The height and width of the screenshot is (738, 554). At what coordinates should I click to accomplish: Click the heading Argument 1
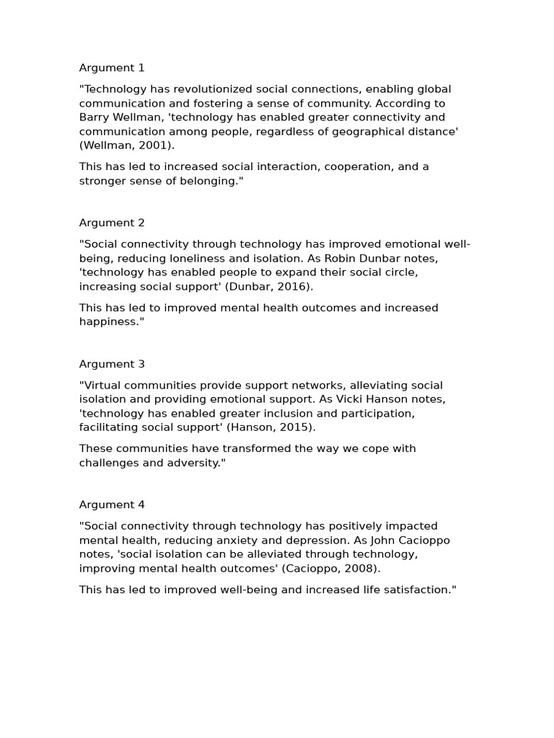[x=112, y=68]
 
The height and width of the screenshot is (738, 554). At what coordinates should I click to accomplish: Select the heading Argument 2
[x=112, y=223]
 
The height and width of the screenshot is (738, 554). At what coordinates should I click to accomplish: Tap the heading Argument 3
[x=112, y=364]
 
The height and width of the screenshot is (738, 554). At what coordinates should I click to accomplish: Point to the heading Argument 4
[x=112, y=504]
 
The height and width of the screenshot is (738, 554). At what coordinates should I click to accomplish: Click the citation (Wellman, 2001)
[x=127, y=146]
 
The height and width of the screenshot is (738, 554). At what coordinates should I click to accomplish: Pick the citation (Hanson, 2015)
[x=275, y=427]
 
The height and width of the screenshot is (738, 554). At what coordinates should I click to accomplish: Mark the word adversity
[x=193, y=463]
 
